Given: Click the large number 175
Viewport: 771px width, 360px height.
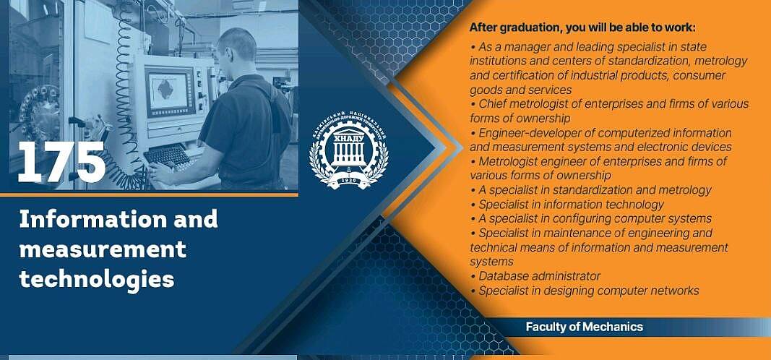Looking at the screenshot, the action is point(62,162).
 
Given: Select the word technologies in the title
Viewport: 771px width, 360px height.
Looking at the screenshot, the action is point(97,279).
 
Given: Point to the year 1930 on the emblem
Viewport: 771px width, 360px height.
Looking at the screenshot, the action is point(348,182).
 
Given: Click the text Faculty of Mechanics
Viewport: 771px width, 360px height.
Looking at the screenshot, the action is point(584,327).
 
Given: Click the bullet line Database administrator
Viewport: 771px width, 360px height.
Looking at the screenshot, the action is point(535,276).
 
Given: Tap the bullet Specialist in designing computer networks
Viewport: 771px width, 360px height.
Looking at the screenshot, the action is point(585,291).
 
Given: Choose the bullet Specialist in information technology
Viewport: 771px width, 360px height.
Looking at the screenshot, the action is point(567,204).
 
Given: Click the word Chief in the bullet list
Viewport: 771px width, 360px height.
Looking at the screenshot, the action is point(491,104).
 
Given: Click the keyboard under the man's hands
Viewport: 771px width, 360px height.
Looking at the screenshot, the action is point(166,155).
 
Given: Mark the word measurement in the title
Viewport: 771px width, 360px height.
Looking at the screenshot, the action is point(103,249).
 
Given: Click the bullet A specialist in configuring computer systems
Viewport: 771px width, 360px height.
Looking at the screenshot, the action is point(591,218).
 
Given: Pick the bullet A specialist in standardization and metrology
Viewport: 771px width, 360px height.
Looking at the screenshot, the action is point(591,190).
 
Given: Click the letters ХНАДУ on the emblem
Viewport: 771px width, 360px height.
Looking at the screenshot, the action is point(348,139).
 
